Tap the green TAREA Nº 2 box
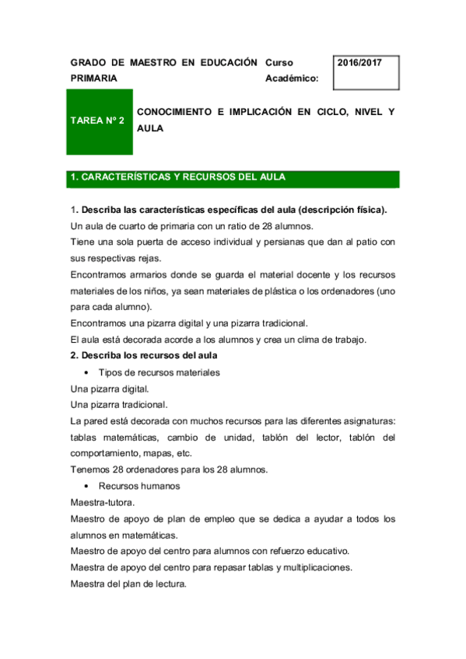tap(97, 120)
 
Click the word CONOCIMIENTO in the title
tap(174, 113)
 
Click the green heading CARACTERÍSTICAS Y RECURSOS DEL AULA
tap(177, 178)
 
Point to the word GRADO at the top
tap(86, 62)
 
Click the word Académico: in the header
tap(292, 78)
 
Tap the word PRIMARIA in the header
tap(94, 78)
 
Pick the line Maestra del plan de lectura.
tap(128, 584)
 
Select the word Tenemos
tap(92, 469)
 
